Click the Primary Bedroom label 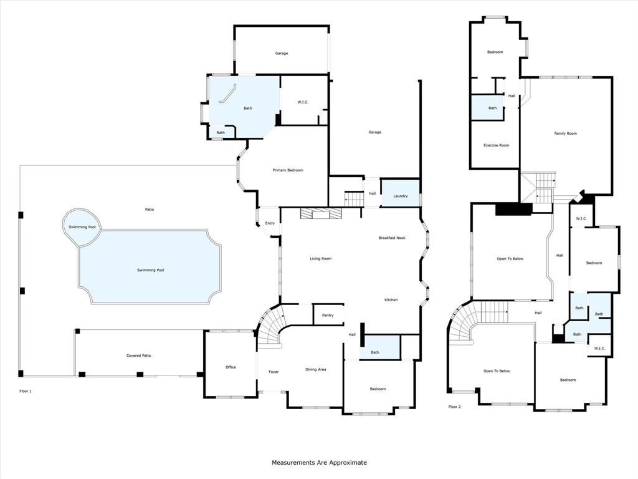288,170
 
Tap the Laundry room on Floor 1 400,196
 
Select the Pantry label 328,316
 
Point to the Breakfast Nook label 392,238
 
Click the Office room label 231,367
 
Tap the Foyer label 274,372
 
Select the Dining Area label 315,369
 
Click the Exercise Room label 496,145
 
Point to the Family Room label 566,133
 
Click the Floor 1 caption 26,391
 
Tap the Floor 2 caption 455,407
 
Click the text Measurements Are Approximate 319,463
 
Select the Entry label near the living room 270,223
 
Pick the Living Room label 321,258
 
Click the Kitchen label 391,300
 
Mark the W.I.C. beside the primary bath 303,102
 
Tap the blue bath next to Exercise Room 492,108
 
